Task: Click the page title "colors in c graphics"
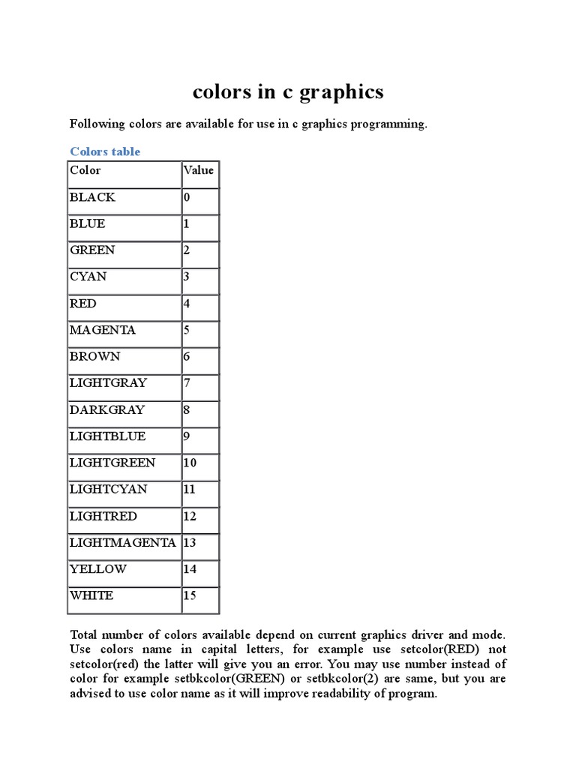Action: (x=288, y=91)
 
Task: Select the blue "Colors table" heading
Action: (x=105, y=151)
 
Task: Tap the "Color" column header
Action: (x=85, y=170)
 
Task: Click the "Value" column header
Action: (x=198, y=170)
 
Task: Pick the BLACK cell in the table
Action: (x=92, y=197)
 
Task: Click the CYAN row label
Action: (x=88, y=277)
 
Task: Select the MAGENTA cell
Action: (x=103, y=330)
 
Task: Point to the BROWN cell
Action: (x=94, y=356)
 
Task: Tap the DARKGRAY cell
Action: (x=107, y=409)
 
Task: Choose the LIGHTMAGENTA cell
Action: (x=123, y=542)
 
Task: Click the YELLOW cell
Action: (x=98, y=568)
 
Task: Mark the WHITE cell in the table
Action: (x=91, y=595)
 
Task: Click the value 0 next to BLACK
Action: (x=187, y=197)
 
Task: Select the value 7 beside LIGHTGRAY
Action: (x=187, y=383)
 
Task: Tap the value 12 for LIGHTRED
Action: (x=190, y=516)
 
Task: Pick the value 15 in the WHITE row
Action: (x=190, y=595)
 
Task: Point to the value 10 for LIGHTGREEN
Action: (x=190, y=463)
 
